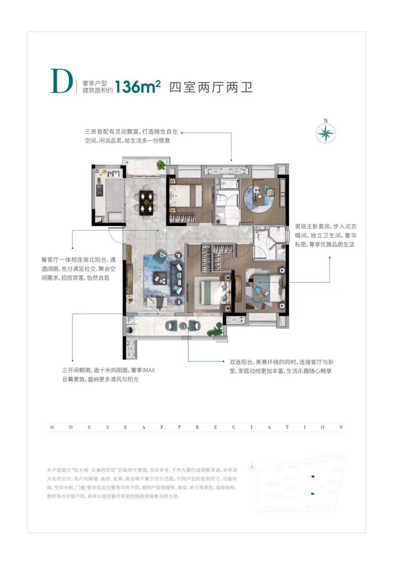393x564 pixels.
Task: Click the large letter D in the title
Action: [x=61, y=82]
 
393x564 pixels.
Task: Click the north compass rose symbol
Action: [x=326, y=133]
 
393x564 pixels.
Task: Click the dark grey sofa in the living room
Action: [x=178, y=278]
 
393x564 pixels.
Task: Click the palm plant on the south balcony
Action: [x=217, y=328]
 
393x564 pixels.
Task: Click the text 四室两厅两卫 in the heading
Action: [x=211, y=87]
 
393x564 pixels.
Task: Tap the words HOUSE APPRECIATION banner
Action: [x=196, y=427]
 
